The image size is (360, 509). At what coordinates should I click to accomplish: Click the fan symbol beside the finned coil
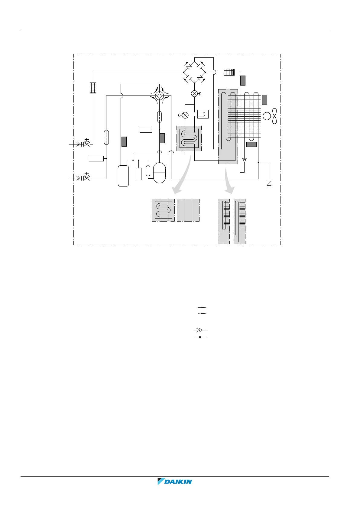click(270, 116)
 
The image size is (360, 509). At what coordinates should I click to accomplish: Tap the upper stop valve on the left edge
click(87, 144)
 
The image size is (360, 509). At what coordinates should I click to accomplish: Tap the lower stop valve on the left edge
click(87, 177)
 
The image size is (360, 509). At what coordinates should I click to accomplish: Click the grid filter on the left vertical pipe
click(93, 88)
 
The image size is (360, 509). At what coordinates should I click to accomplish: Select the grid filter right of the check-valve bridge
click(229, 72)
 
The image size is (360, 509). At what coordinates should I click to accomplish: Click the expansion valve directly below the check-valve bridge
click(195, 94)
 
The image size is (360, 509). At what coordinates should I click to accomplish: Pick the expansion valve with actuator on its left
click(185, 115)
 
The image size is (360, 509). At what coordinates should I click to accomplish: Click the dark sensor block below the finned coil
click(251, 144)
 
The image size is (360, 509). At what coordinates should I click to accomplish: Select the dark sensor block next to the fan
click(264, 100)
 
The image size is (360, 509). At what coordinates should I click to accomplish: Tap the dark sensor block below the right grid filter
click(243, 80)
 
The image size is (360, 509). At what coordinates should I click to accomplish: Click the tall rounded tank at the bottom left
click(123, 176)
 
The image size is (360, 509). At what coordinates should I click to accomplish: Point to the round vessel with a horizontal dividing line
click(160, 173)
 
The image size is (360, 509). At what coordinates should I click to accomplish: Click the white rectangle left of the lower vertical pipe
click(96, 158)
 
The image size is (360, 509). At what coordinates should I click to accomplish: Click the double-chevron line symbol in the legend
click(200, 330)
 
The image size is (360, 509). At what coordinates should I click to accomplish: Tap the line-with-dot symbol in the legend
click(200, 337)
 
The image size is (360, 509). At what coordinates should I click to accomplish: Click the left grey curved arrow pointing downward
click(183, 178)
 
